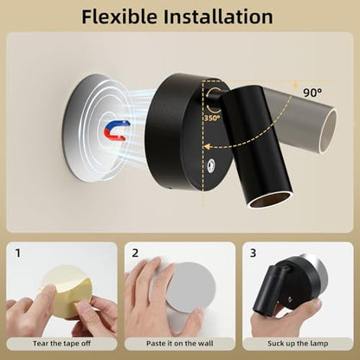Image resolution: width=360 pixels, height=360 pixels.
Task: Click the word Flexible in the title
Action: (119, 16)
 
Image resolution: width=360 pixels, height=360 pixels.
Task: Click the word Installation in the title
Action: (218, 16)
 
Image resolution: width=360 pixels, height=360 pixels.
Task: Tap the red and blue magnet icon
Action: (117, 130)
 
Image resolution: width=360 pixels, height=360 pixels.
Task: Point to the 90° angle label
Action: (312, 93)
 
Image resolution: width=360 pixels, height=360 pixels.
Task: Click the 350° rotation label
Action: (212, 118)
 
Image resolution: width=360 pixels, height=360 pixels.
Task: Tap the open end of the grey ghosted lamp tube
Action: (329, 131)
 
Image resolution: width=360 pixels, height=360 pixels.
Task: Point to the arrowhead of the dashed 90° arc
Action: (207, 146)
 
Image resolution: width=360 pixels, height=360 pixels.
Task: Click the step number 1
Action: (18, 254)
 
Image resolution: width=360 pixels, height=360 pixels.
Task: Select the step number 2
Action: (135, 253)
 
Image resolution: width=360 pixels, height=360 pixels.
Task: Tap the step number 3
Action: (253, 253)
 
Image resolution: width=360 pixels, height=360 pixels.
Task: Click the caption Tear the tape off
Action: (61, 344)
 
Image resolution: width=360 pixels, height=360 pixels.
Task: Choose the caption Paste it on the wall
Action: (180, 344)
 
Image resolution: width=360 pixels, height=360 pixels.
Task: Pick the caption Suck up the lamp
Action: (298, 344)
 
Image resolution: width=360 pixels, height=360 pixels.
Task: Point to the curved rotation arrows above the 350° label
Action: (212, 101)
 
